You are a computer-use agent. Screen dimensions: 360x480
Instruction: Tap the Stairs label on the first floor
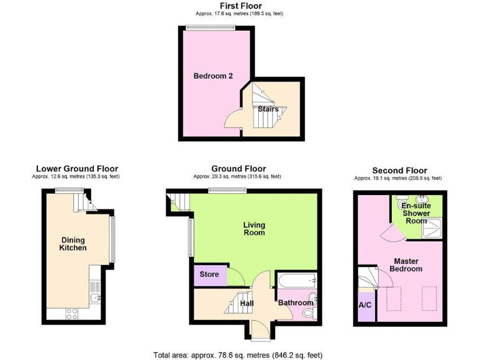click(x=268, y=109)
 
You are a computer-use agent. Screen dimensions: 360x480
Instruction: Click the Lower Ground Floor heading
click(x=77, y=169)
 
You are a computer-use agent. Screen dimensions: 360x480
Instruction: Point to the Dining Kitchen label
click(x=72, y=244)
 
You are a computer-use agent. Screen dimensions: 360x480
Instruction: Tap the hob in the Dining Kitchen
click(x=71, y=314)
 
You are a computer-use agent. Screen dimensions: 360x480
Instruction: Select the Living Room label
click(x=254, y=229)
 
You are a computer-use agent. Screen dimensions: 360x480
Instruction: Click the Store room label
click(x=209, y=274)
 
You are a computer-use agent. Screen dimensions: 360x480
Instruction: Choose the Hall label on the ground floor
click(x=247, y=304)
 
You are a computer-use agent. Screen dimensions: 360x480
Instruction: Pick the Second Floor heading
click(x=399, y=170)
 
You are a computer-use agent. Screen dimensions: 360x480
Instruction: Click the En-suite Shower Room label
click(x=415, y=212)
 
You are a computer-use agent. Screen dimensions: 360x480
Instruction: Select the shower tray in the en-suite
click(x=432, y=229)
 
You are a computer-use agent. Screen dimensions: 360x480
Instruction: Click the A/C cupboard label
click(x=365, y=306)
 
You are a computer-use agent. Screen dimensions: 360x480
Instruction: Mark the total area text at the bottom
click(x=238, y=355)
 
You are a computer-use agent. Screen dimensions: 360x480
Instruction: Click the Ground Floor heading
click(x=238, y=169)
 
